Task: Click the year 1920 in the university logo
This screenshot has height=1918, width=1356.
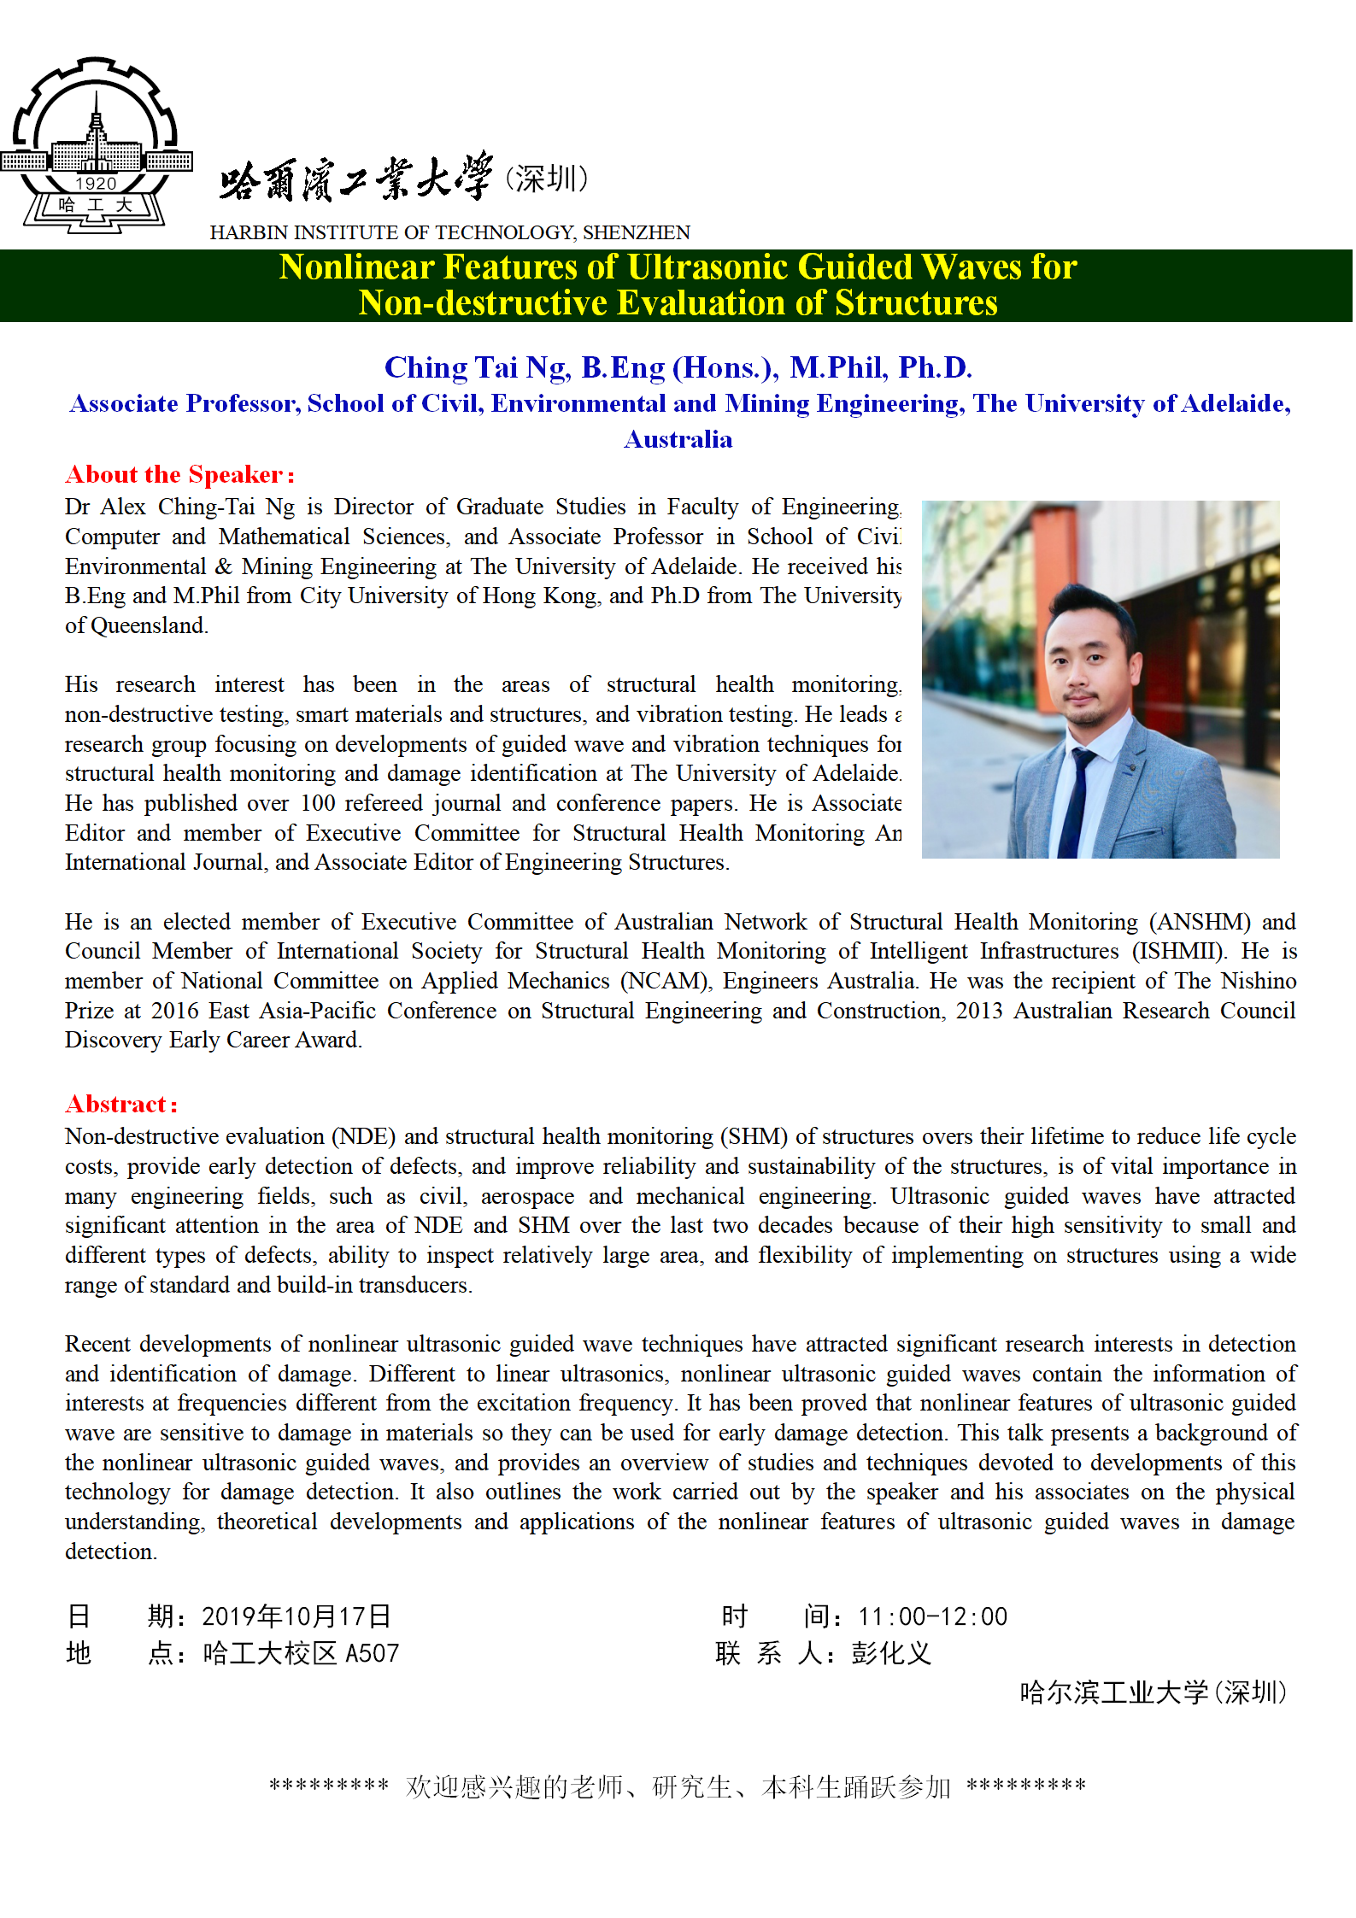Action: click(x=96, y=184)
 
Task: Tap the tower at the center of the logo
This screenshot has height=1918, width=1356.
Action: click(x=96, y=128)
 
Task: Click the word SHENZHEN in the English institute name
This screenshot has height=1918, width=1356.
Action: click(x=637, y=232)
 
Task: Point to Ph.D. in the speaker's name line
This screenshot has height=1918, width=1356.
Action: click(x=935, y=367)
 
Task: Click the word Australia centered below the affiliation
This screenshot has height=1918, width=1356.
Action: click(x=678, y=439)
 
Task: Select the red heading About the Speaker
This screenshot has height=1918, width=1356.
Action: click(x=179, y=475)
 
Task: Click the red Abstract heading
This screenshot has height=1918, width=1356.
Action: click(x=121, y=1105)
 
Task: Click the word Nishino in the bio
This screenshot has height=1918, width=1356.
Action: click(x=1258, y=981)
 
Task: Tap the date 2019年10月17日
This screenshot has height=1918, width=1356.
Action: click(x=296, y=1616)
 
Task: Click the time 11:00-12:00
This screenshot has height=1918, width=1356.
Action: click(x=932, y=1616)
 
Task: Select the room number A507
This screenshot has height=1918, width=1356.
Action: click(x=372, y=1654)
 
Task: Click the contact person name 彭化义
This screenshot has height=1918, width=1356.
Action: click(x=890, y=1654)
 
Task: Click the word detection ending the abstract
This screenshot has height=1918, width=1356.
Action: click(x=109, y=1551)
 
